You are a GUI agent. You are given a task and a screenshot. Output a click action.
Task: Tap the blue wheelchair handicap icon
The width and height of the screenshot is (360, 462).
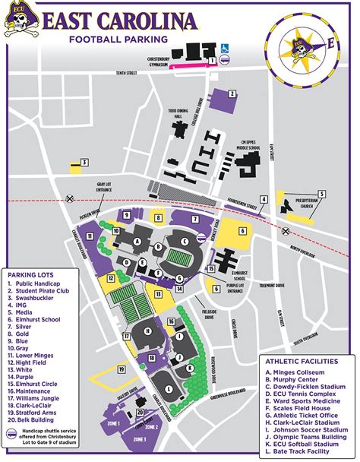point(225,49)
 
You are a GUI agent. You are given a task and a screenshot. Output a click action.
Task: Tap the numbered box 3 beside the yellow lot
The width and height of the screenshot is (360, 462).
point(85,161)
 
